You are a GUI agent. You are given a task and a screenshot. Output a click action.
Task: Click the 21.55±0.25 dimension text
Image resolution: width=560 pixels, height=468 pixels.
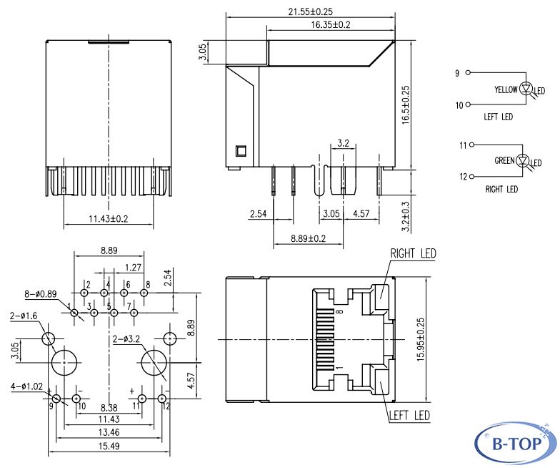[311, 11]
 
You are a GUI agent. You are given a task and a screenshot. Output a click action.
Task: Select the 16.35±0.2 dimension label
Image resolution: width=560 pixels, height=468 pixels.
[331, 24]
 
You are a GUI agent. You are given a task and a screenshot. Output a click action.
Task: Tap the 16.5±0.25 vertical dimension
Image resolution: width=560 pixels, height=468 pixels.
[405, 106]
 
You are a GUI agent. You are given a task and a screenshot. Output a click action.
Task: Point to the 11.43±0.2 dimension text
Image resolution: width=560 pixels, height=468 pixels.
[108, 218]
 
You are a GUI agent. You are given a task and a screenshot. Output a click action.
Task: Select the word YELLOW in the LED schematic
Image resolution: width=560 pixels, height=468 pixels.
[506, 90]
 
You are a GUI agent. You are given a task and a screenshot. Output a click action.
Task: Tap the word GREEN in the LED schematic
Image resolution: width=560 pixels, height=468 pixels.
[506, 160]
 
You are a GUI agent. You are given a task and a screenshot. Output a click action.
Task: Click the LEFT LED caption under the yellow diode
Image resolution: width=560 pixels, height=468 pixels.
[498, 117]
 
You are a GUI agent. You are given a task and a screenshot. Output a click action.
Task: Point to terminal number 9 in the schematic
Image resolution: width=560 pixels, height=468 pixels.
[457, 73]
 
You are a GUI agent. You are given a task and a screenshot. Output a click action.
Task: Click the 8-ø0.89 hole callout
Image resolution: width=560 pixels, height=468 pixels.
[40, 293]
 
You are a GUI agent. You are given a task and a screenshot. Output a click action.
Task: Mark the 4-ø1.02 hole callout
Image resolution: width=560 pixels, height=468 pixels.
[27, 387]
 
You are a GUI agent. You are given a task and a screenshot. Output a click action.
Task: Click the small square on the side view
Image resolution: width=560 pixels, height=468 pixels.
[241, 151]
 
